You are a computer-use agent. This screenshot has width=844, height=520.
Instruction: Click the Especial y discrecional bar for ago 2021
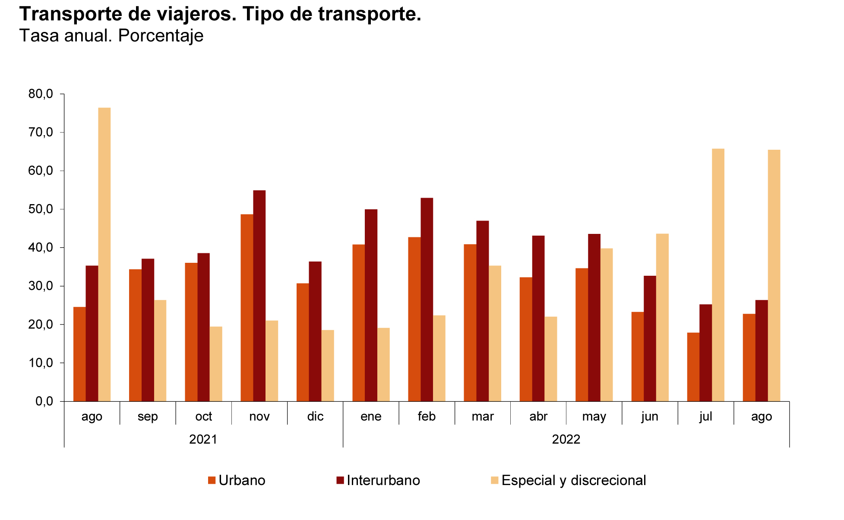click(x=104, y=255)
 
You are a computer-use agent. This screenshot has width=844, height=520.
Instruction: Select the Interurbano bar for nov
click(x=259, y=296)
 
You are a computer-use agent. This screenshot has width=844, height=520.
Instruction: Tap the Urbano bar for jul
click(x=693, y=367)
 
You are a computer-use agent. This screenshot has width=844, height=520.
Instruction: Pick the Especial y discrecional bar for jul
click(x=718, y=275)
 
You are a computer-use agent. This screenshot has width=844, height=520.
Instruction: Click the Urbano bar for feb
click(x=414, y=319)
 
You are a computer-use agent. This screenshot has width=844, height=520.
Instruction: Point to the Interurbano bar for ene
click(x=371, y=306)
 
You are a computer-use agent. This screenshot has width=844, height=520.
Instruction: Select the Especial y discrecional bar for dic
click(x=328, y=366)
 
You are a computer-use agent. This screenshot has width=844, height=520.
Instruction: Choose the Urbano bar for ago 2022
click(x=749, y=358)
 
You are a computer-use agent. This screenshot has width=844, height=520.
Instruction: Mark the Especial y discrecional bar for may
click(x=607, y=325)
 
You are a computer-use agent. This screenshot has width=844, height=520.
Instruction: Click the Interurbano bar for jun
click(x=650, y=339)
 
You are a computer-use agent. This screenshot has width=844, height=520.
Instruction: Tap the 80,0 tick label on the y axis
click(x=41, y=94)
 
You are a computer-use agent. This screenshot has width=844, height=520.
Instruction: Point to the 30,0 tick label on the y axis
click(x=41, y=286)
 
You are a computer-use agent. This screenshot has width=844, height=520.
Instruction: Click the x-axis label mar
click(x=483, y=416)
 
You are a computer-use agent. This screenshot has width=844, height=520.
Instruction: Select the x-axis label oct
click(x=204, y=416)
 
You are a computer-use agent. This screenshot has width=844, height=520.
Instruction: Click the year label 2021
click(x=203, y=439)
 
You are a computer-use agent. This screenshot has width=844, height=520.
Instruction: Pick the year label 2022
click(x=566, y=439)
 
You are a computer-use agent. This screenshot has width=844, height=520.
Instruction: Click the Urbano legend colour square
click(x=212, y=480)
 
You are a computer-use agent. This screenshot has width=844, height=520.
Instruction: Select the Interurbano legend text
click(x=383, y=480)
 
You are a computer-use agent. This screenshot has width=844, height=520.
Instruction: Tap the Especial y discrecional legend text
click(x=574, y=480)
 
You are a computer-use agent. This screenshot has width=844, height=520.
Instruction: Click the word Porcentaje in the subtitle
click(x=161, y=36)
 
